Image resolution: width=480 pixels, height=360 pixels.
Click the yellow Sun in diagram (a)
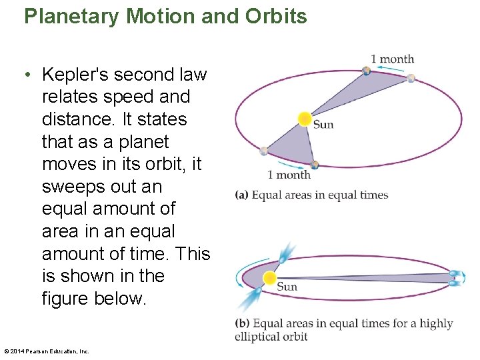[x=305, y=119]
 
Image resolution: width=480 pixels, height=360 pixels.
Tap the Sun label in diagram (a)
[x=323, y=125]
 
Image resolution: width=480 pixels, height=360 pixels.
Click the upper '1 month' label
[x=393, y=59]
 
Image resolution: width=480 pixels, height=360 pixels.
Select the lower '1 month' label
[x=289, y=175]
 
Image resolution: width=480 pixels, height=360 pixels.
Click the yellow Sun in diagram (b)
[x=270, y=278]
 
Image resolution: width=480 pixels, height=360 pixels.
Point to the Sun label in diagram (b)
[x=287, y=287]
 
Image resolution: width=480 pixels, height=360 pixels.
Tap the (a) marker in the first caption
[x=241, y=195]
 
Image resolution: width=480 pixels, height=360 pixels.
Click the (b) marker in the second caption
[x=242, y=324]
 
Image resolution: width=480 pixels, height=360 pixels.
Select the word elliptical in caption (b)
[x=257, y=336]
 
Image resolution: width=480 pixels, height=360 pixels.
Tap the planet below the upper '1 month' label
[x=366, y=71]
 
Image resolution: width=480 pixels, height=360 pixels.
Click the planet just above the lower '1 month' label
[x=315, y=164]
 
